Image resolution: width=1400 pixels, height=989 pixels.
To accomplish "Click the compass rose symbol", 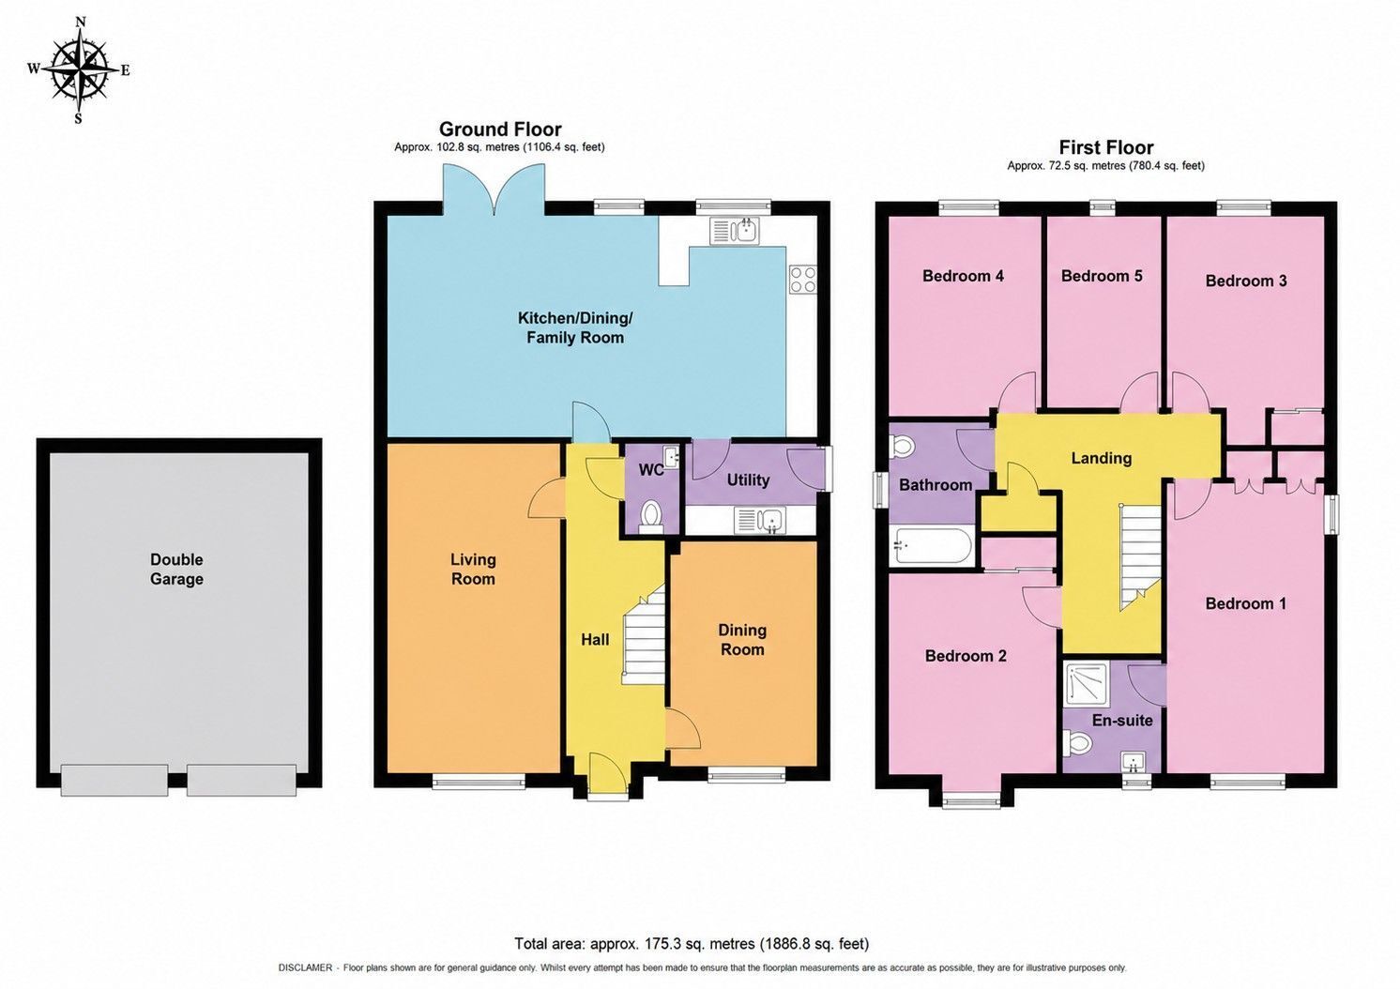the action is tap(80, 70).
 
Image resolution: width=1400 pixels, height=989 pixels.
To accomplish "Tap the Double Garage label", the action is tap(176, 569).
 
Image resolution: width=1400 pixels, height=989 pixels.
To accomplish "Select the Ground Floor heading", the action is tap(500, 129).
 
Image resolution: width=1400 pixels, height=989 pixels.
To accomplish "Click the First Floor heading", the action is tap(1105, 147).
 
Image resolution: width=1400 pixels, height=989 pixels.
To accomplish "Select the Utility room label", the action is tap(748, 480).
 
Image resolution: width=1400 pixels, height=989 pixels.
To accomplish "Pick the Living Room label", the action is tap(473, 569).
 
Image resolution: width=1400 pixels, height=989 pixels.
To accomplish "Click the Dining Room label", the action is tap(742, 640).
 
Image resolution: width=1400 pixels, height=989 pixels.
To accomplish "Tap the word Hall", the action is tap(595, 640).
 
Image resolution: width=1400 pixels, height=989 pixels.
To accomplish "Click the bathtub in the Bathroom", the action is tap(931, 546).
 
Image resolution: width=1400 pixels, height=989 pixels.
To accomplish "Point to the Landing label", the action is tap(1102, 458).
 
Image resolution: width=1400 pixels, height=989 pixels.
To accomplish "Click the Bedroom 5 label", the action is tap(1102, 276).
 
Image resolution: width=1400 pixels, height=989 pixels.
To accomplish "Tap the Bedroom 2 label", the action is tap(966, 656).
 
